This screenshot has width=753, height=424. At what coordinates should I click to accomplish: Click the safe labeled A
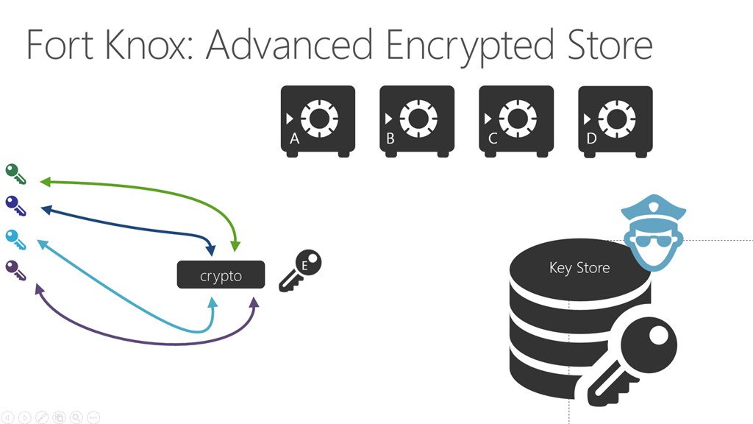(x=318, y=120)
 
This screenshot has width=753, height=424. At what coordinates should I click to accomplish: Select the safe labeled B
(x=417, y=120)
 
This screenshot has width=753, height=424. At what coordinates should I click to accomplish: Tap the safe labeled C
(x=516, y=120)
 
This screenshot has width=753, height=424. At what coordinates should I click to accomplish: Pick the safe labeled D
(x=615, y=120)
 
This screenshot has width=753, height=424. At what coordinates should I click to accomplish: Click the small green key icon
(x=15, y=174)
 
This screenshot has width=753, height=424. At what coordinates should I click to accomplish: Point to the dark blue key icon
(x=15, y=205)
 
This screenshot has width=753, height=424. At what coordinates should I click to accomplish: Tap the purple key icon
(x=15, y=270)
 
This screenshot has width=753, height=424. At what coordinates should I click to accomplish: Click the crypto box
(x=221, y=275)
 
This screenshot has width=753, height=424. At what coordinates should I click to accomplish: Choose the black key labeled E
(x=301, y=270)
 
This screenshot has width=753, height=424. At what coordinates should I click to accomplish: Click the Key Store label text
(x=579, y=268)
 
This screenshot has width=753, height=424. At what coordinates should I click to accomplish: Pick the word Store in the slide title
(x=604, y=46)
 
